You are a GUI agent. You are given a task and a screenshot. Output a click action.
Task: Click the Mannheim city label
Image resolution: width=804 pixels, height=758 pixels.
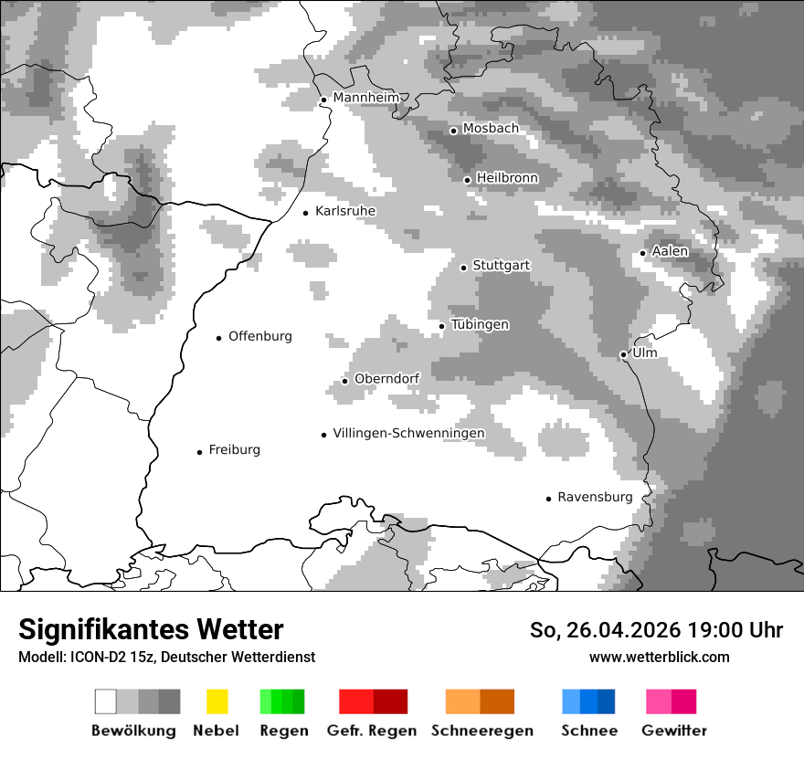(366, 98)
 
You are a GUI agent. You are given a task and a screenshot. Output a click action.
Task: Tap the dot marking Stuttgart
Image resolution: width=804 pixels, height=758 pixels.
(464, 268)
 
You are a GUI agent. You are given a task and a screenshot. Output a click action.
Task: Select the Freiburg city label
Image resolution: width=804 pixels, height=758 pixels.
(234, 450)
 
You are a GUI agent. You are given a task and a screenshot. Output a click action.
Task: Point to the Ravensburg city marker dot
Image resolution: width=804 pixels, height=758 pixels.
(549, 499)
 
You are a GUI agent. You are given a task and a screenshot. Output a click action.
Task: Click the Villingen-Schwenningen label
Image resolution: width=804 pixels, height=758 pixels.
(408, 433)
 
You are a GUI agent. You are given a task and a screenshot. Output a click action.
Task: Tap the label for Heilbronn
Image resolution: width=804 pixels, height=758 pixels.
(507, 178)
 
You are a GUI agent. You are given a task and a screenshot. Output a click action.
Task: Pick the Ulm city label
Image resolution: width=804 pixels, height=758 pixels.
(644, 353)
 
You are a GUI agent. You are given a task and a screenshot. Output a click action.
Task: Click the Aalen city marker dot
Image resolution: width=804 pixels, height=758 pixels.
(643, 253)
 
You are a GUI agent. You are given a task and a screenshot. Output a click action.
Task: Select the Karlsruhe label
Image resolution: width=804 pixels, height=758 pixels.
(345, 211)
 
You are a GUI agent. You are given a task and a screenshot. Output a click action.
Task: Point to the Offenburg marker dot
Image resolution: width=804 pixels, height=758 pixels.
(219, 338)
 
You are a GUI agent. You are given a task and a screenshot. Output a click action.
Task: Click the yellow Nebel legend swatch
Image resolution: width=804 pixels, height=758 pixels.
(217, 701)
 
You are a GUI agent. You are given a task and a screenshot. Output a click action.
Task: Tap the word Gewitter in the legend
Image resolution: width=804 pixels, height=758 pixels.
(674, 731)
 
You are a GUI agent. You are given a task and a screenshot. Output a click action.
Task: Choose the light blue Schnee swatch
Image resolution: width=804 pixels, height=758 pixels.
(571, 701)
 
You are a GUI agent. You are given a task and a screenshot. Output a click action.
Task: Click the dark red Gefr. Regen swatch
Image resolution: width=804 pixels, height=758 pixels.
(390, 701)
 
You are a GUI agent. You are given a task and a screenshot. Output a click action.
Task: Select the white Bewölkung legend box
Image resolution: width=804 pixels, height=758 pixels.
(106, 701)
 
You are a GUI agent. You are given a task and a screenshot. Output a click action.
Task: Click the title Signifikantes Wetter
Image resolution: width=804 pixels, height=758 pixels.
(151, 629)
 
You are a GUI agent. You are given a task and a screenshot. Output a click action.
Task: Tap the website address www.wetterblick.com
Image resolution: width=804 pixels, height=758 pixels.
(659, 657)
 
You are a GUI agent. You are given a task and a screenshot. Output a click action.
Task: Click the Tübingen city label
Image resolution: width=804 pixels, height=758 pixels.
(480, 324)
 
